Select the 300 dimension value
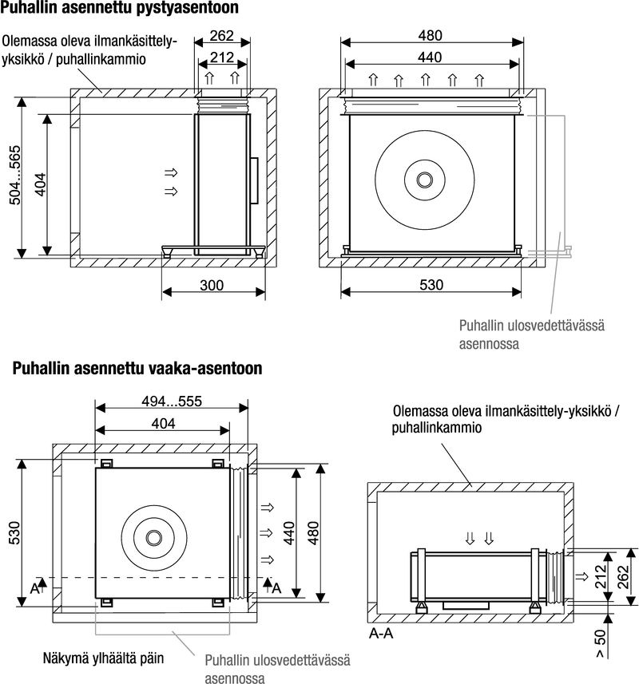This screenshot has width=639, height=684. [212, 285]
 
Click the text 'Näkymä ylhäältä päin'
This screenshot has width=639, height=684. [103, 658]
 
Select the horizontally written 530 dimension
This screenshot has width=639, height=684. [431, 285]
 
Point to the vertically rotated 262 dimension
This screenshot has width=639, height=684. [622, 575]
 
